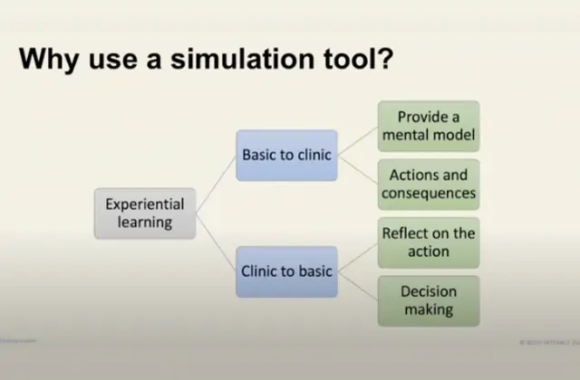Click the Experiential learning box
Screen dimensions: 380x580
(x=145, y=214)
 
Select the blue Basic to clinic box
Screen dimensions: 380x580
(x=286, y=155)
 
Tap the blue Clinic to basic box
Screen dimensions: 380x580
(x=286, y=271)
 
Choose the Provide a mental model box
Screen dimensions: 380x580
(x=429, y=127)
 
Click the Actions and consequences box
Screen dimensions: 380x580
(x=429, y=184)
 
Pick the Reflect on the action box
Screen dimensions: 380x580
(x=429, y=242)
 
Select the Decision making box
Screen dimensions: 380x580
(x=429, y=301)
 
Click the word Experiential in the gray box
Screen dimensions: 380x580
(x=145, y=204)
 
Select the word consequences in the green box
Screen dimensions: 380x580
(x=429, y=193)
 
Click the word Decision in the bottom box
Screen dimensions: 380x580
(x=429, y=292)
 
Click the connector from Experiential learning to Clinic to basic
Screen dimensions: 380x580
(x=216, y=242)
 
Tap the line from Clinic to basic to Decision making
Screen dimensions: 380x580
(x=358, y=286)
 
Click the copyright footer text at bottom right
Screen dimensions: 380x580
(x=547, y=342)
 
